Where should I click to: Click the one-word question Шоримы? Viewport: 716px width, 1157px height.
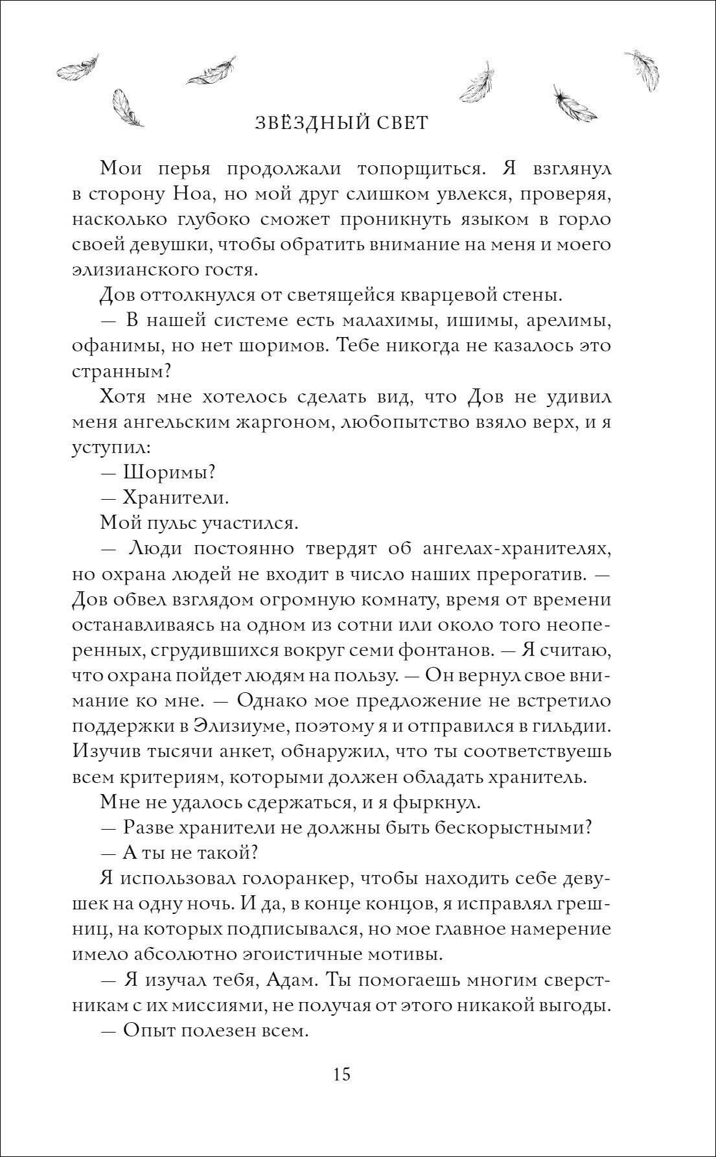168,473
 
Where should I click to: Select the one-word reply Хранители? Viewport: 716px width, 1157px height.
176,498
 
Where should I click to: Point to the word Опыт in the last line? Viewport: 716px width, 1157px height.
149,1030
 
